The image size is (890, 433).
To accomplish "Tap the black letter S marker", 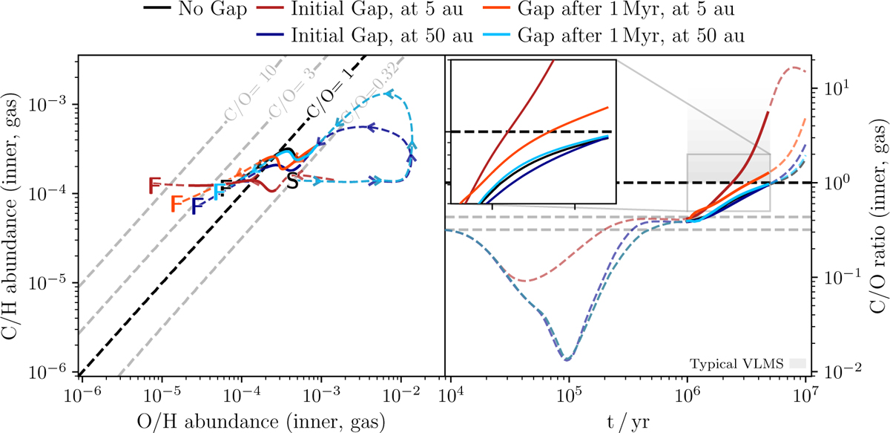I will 293,181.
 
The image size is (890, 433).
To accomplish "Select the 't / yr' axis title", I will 629,420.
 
